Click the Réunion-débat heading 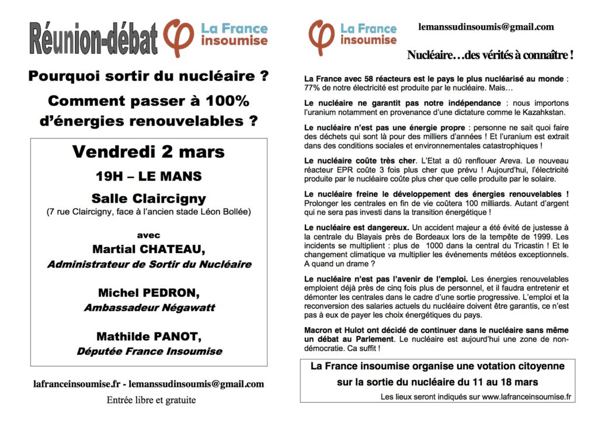[93, 39]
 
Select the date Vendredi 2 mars [148, 152]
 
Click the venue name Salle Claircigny [148, 199]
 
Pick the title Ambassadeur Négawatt [149, 307]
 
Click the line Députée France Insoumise [149, 351]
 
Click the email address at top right [486, 27]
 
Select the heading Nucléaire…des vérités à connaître [489, 56]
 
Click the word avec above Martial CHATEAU [148, 235]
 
